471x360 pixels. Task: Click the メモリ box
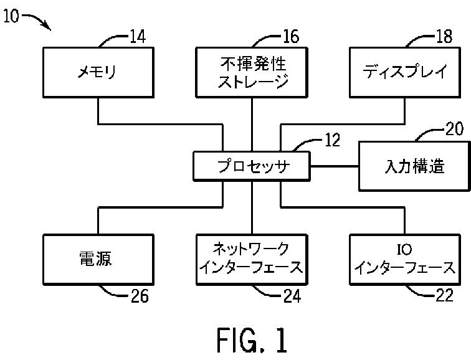[x=98, y=72]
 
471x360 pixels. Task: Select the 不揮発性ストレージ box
[x=252, y=72]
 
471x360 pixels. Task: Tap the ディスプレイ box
[x=405, y=72]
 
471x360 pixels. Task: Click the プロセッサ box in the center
[x=252, y=166]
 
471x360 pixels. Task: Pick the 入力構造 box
[x=414, y=166]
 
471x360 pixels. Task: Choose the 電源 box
[x=98, y=260]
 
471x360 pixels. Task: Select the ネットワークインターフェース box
[x=252, y=260]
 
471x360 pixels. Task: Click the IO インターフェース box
[x=405, y=260]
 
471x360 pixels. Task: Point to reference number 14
[x=138, y=37]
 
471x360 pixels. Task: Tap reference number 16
[x=291, y=37]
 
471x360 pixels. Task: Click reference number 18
[x=444, y=37]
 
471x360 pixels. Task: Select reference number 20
[x=454, y=129]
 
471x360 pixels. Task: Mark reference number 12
[x=333, y=140]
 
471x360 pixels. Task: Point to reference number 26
[x=140, y=296]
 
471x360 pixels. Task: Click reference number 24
[x=292, y=296]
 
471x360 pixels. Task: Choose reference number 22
[x=444, y=295]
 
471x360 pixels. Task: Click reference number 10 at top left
[x=11, y=16]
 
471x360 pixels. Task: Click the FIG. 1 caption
[x=252, y=340]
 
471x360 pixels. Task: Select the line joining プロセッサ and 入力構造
[x=335, y=166]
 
